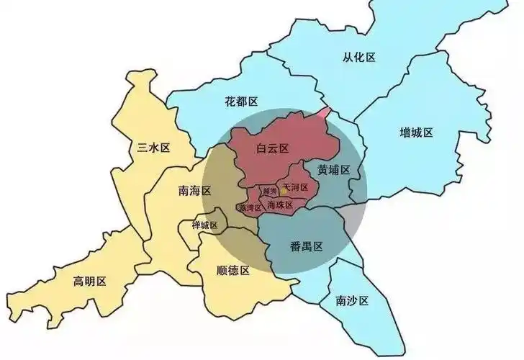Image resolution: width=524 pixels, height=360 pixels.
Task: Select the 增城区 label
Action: [416, 132]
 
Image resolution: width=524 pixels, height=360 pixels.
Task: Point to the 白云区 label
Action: [272, 148]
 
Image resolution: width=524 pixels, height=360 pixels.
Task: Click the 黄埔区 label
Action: [333, 170]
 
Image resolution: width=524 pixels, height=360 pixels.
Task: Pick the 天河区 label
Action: [296, 187]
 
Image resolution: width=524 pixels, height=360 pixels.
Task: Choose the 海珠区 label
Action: [280, 205]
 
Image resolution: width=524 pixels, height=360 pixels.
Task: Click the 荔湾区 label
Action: [251, 208]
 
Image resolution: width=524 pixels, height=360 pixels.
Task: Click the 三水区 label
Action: [153, 148]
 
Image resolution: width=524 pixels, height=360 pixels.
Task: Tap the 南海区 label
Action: [194, 191]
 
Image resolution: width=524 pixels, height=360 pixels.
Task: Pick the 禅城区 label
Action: [204, 225]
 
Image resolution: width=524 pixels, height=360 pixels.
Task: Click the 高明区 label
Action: [90, 280]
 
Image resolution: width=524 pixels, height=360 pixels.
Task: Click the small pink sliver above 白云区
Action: [325, 114]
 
